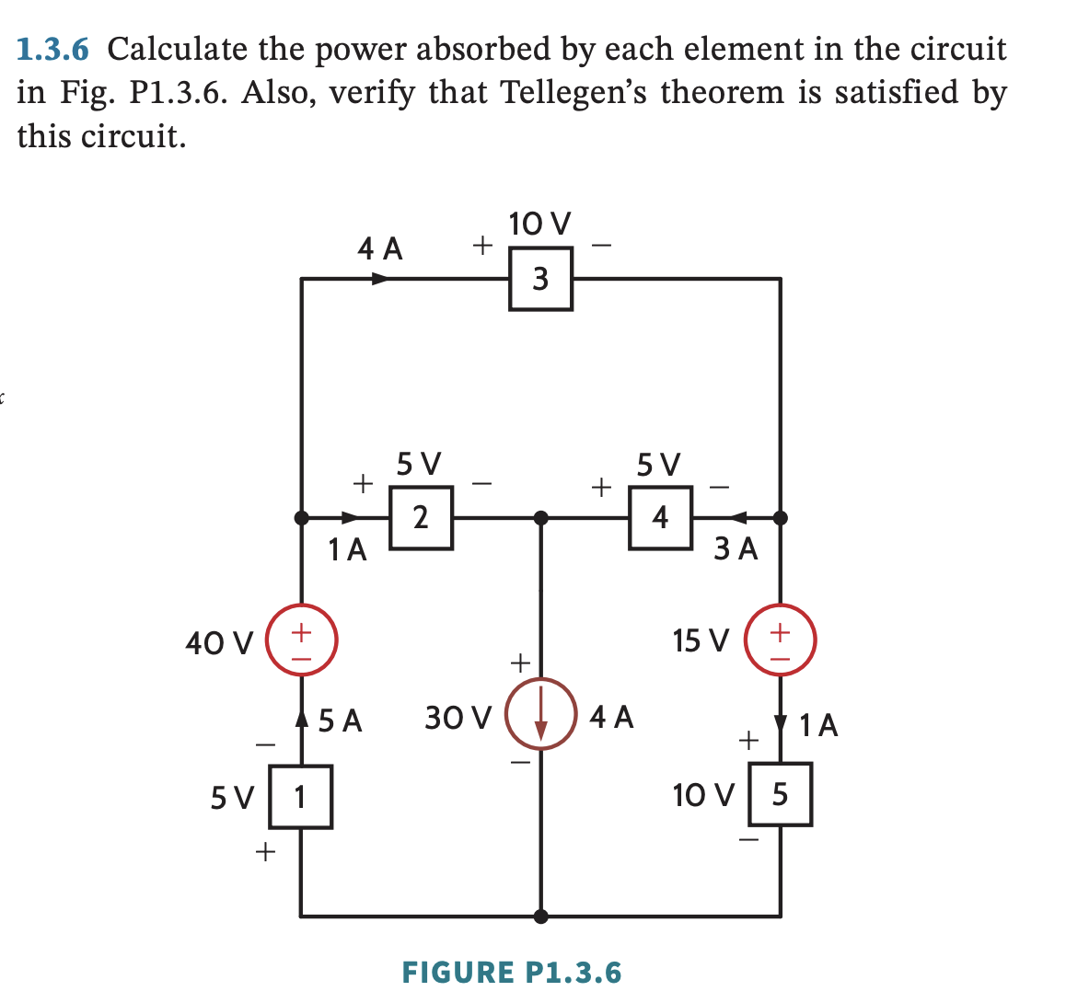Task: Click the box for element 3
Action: coord(540,278)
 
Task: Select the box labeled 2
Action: coord(421,517)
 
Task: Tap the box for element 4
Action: coord(660,517)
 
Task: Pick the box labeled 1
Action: coord(300,797)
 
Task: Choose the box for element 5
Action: coord(780,794)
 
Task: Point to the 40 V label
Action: coord(219,642)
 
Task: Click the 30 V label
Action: coord(458,717)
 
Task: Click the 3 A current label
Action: coord(736,549)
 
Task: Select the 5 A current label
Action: coord(341,720)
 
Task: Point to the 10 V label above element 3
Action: coord(539,224)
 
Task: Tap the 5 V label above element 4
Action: coord(659,463)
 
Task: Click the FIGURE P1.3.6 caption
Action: coord(512,972)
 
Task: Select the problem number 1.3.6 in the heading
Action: coord(56,49)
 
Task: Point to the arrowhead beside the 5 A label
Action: coord(301,715)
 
